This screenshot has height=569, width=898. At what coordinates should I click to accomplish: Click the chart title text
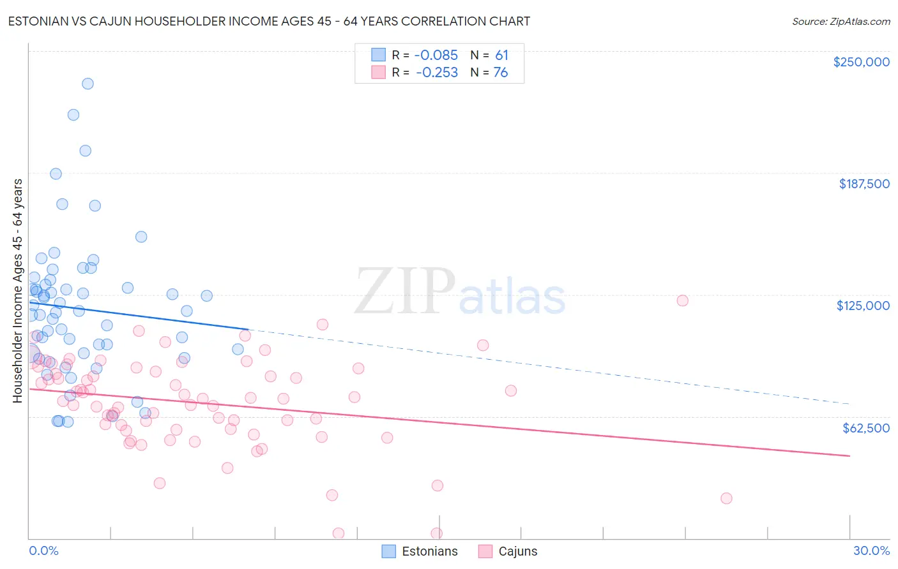coord(269,21)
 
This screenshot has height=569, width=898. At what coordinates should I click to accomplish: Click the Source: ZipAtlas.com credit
coord(841,21)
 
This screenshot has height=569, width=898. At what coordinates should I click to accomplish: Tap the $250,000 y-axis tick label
coord(861,62)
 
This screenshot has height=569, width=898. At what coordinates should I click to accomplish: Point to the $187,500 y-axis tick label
coord(864,184)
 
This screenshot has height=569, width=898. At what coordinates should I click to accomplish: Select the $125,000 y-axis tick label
coord(863,306)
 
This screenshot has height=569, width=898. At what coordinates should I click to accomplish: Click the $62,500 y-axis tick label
coord(865,427)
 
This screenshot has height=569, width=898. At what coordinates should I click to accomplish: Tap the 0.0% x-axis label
coord(43,551)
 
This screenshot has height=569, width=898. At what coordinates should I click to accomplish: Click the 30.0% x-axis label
coord(871,551)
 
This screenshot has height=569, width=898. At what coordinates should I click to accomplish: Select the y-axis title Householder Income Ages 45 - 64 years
coord(17,290)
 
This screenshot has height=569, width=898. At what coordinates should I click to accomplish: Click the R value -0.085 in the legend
coord(436,55)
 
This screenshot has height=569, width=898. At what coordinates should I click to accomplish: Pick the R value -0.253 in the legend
coord(436,72)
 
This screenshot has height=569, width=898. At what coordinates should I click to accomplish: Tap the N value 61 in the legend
coord(501,55)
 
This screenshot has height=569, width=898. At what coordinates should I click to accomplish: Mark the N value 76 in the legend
coord(501,72)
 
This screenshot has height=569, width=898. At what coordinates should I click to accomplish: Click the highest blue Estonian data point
coord(88,84)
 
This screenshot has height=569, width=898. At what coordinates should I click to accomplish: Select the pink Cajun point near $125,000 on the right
coord(682,300)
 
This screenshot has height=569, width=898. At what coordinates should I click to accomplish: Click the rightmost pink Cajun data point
coord(726,498)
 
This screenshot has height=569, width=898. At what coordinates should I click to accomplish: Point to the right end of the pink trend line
coord(849,455)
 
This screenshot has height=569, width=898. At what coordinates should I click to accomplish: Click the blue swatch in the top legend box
coord(379,55)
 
